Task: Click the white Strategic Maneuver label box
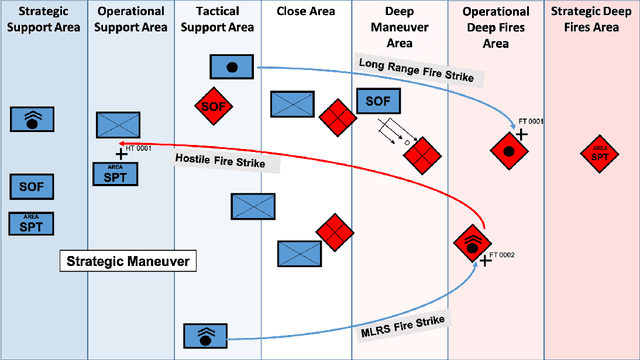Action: (x=128, y=261)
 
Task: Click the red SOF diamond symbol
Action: (x=212, y=105)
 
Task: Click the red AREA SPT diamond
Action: (x=598, y=153)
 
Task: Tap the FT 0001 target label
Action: (x=530, y=121)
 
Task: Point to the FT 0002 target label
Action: (x=504, y=255)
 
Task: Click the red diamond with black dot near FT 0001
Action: (x=508, y=152)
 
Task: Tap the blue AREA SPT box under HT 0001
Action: (x=116, y=173)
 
